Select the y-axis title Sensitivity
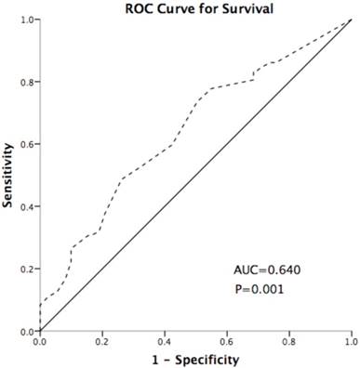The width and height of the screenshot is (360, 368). click(x=9, y=174)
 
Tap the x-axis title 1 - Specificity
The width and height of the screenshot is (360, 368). click(x=194, y=359)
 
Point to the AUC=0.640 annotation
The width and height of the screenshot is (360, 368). click(x=266, y=270)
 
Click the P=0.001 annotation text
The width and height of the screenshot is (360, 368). click(x=260, y=289)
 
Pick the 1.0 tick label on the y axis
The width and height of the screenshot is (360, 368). click(x=27, y=20)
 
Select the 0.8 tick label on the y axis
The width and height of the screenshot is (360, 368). click(x=27, y=82)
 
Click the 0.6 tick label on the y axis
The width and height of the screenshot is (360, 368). click(x=27, y=144)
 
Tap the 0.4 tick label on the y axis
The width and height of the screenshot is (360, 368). click(x=27, y=206)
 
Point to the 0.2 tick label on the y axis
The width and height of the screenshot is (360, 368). click(x=27, y=269)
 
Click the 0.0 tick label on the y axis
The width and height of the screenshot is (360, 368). click(x=27, y=331)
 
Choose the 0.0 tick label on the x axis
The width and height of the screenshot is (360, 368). click(x=40, y=342)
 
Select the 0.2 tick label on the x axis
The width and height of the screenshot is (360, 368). click(x=102, y=342)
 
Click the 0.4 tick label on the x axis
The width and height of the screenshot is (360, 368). click(x=165, y=342)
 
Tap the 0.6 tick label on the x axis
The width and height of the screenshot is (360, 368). click(x=227, y=342)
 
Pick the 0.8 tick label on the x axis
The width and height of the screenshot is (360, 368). click(x=289, y=342)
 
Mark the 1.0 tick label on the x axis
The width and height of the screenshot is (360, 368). click(x=351, y=342)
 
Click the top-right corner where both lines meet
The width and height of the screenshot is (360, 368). click(x=351, y=20)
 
